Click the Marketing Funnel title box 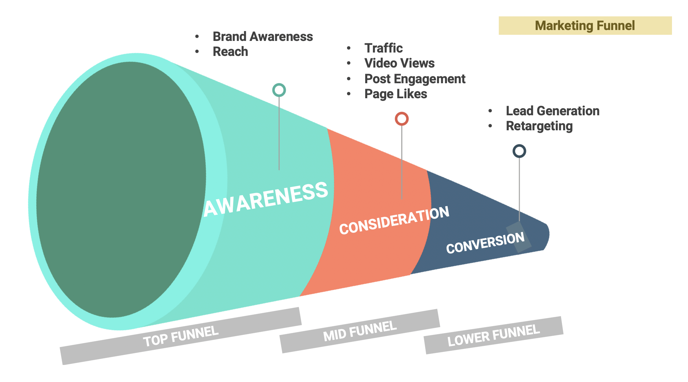click(x=585, y=26)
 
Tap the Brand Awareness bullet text click(x=263, y=36)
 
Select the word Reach click(x=230, y=52)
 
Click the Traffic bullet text click(x=384, y=48)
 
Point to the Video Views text click(x=399, y=63)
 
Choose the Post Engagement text click(x=415, y=79)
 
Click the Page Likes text click(x=395, y=94)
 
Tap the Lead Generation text click(x=552, y=111)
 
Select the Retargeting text click(x=539, y=126)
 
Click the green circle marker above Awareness click(x=279, y=90)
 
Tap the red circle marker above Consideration click(x=402, y=119)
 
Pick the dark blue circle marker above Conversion click(x=519, y=151)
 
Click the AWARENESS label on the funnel click(x=266, y=200)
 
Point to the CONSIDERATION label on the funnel click(x=394, y=220)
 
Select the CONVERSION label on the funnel click(x=485, y=243)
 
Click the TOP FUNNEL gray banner click(x=181, y=336)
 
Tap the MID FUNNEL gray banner click(x=360, y=331)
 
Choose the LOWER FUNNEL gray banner click(x=493, y=335)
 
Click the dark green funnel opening click(x=121, y=189)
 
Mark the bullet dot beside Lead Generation click(x=490, y=111)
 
